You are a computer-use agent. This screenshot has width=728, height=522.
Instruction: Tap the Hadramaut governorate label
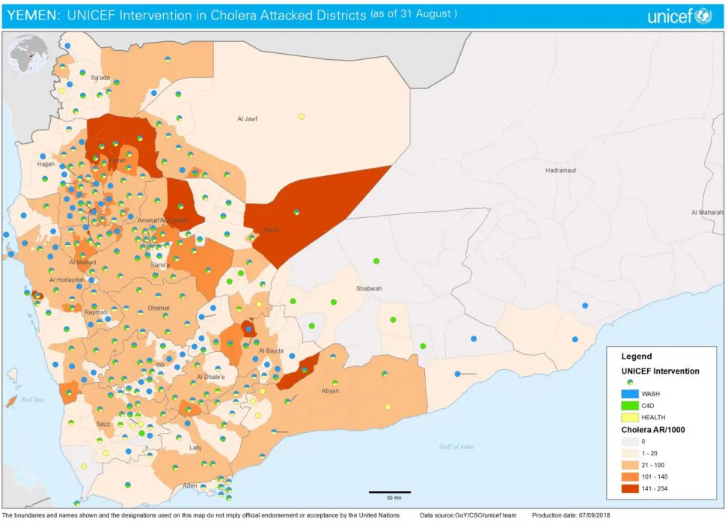pyautogui.click(x=561, y=170)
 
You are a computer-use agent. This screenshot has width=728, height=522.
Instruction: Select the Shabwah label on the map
pyautogui.click(x=369, y=288)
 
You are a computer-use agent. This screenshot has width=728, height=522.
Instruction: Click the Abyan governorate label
pyautogui.click(x=330, y=390)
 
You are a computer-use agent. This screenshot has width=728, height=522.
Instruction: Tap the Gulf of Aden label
pyautogui.click(x=456, y=446)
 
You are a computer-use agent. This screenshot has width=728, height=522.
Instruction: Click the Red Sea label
pyautogui.click(x=33, y=399)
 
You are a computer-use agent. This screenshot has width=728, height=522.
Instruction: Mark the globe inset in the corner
pyautogui.click(x=28, y=56)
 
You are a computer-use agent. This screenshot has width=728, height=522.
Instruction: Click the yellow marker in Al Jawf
pyautogui.click(x=302, y=117)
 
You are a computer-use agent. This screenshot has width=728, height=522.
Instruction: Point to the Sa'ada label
pyautogui.click(x=100, y=78)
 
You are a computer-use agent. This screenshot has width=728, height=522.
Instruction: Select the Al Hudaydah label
pyautogui.click(x=67, y=280)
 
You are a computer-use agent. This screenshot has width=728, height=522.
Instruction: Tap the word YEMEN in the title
pyautogui.click(x=32, y=15)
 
